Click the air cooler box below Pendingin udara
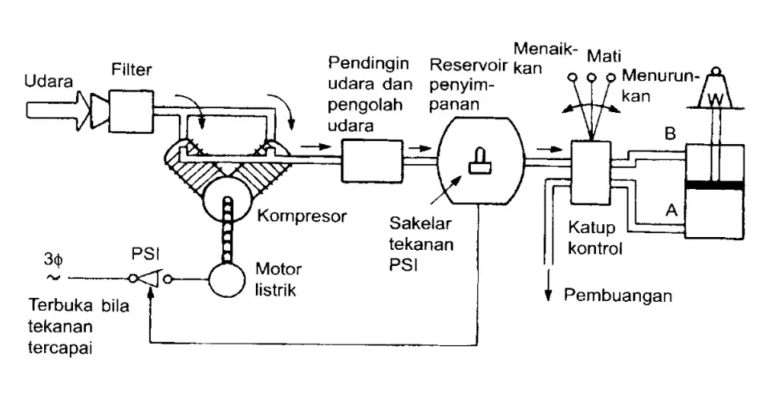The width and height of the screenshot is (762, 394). click(x=371, y=159)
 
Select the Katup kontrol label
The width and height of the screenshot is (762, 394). click(x=594, y=238)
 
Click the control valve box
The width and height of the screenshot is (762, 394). click(x=590, y=172)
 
